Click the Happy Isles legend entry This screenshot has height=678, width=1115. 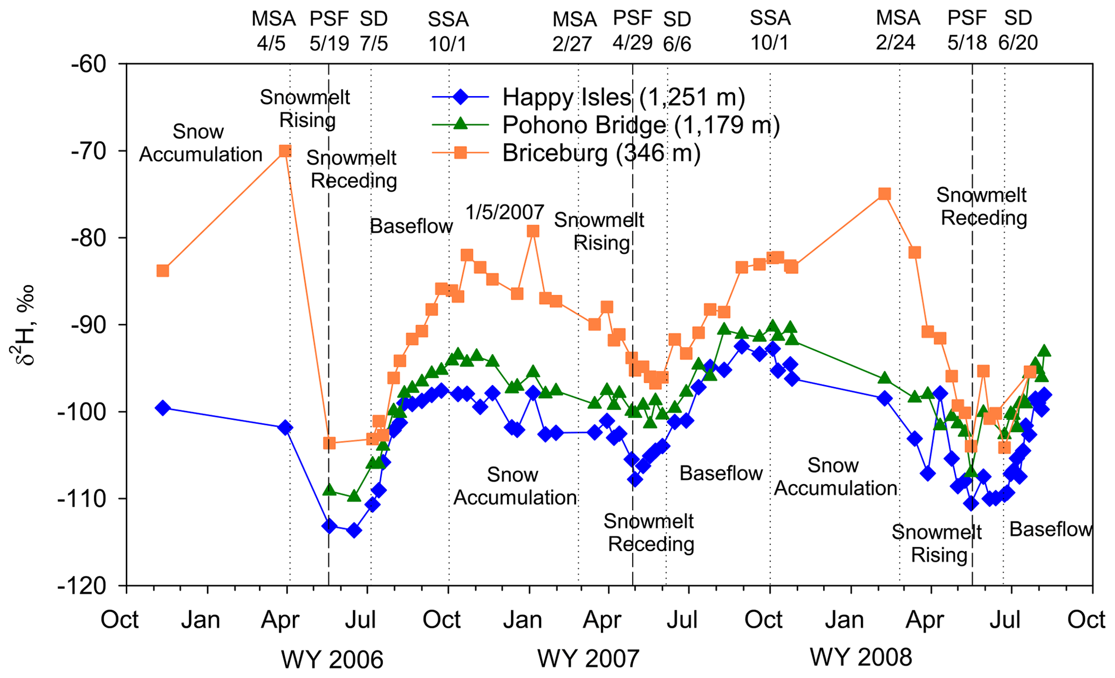623,97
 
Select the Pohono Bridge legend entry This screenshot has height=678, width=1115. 640,125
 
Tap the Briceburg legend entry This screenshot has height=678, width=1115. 601,153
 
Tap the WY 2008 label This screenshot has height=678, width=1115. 861,657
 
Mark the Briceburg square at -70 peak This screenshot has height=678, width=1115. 285,151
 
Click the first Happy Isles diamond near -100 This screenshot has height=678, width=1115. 162,408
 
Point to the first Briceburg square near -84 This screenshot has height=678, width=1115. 162,270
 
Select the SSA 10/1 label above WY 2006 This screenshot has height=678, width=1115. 448,31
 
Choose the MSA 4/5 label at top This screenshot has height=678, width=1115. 273,31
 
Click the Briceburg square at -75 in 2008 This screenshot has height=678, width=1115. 884,194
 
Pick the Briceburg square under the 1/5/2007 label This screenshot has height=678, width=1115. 533,232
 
